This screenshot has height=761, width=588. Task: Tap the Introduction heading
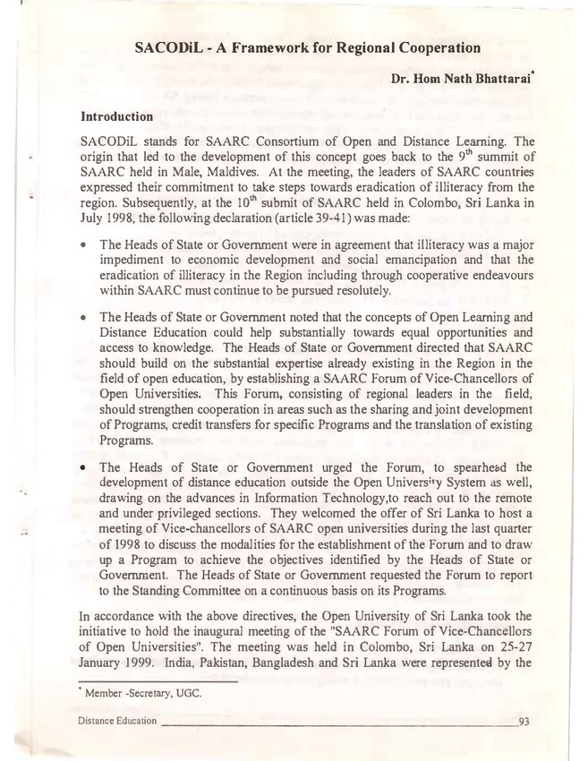(x=116, y=117)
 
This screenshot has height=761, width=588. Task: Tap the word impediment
(x=132, y=261)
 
